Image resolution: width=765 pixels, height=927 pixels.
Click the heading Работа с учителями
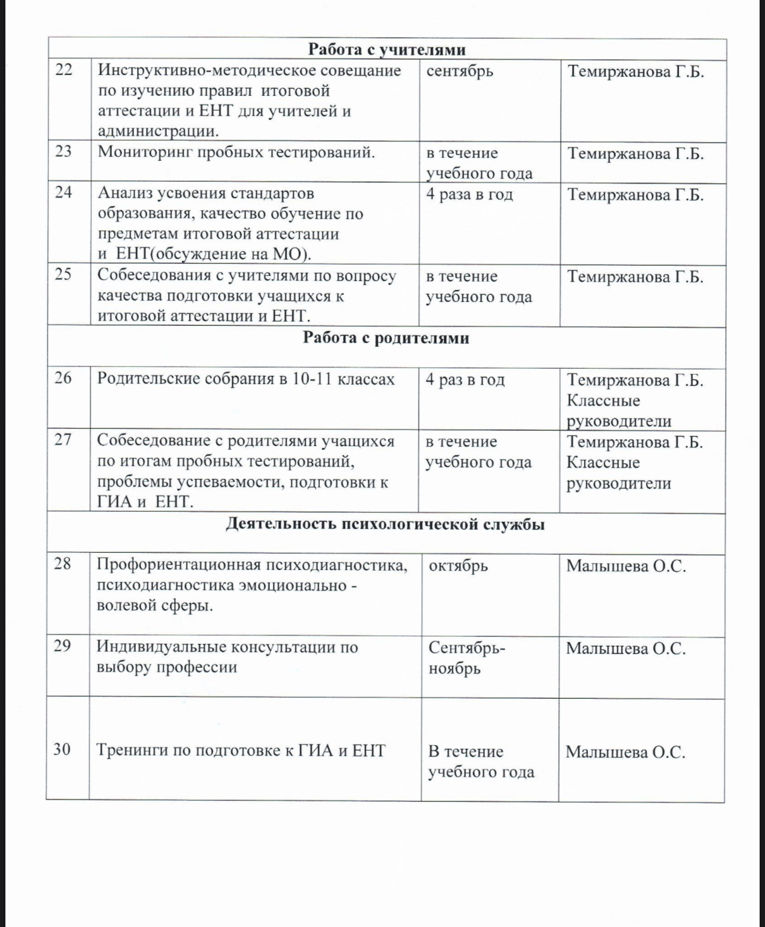[x=387, y=49]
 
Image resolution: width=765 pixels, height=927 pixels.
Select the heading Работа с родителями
[x=386, y=338]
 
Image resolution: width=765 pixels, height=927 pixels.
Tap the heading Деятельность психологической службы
[x=385, y=524]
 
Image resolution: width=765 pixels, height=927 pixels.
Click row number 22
[x=64, y=70]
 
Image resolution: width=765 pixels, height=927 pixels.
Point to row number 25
[x=63, y=274]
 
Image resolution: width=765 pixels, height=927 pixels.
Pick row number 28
[x=63, y=563]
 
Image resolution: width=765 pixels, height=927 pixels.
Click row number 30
[x=62, y=749]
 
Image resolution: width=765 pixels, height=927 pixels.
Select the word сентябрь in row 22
[x=460, y=71]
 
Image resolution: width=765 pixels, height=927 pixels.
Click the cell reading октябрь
[x=458, y=565]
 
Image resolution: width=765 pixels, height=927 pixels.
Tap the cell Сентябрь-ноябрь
[x=466, y=658]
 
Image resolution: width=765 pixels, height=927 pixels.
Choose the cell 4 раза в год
[x=469, y=194]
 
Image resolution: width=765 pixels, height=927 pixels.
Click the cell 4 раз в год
[x=465, y=379]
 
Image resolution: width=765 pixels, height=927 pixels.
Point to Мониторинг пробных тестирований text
[x=237, y=152]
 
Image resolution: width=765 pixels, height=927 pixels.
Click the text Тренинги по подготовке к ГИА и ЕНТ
[x=241, y=750]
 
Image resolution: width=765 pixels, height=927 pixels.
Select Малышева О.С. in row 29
[x=626, y=648]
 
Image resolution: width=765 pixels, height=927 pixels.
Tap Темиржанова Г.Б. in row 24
[x=635, y=195]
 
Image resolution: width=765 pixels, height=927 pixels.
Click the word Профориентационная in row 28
[x=178, y=565]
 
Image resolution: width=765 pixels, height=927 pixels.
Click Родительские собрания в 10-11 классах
[x=245, y=379]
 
